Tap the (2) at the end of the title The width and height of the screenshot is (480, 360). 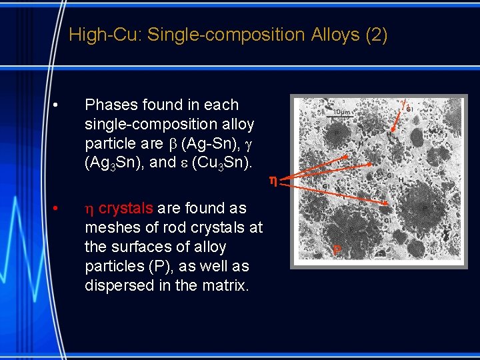coord(375,35)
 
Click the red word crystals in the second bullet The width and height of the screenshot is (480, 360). coord(125,209)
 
